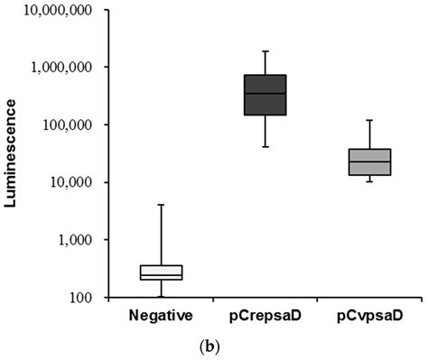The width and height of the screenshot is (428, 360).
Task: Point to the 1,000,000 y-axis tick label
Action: (x=69, y=68)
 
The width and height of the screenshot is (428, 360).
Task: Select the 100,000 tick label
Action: (x=74, y=125)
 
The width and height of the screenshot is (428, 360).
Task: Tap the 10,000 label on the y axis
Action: (x=77, y=183)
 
